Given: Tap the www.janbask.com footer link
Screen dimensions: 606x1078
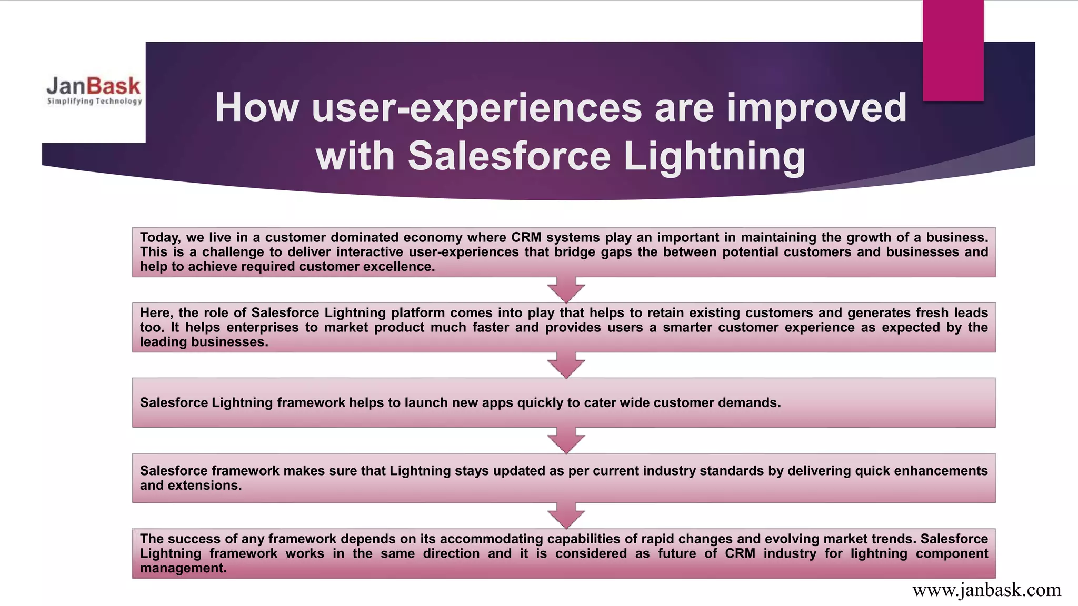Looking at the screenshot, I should (x=986, y=590).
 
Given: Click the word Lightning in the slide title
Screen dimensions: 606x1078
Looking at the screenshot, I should (x=714, y=156).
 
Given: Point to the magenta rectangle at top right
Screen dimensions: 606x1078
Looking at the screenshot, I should (x=953, y=50).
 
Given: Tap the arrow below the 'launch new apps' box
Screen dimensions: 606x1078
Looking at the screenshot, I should (x=566, y=440).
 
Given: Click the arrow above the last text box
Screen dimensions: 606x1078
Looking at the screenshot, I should (x=566, y=516).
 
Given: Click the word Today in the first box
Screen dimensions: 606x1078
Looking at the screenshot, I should (x=159, y=238).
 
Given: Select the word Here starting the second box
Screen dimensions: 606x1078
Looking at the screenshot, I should (x=156, y=313).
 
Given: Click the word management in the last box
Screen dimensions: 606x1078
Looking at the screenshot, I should (x=183, y=568).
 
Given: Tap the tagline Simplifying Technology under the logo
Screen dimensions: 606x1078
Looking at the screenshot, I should (x=95, y=101).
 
